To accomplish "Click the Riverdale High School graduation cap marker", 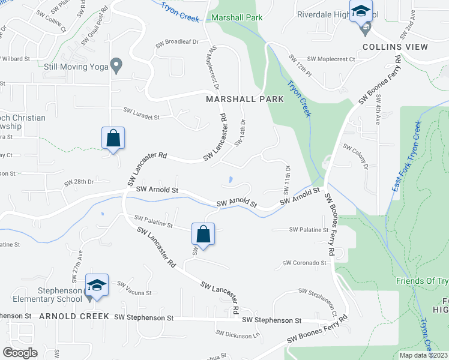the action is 361,13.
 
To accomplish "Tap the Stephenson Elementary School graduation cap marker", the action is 97,285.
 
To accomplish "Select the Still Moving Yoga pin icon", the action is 117,64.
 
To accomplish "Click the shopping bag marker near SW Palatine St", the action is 203,233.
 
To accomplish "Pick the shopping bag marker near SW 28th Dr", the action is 113,138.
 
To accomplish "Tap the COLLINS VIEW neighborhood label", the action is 395,47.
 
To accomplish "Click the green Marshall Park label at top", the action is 237,18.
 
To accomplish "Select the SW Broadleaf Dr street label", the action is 177,42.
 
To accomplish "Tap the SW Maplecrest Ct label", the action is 331,59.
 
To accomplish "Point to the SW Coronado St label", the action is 305,263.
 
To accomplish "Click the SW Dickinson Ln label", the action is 237,334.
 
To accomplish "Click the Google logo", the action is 20,353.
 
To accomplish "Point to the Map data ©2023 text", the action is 424,355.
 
